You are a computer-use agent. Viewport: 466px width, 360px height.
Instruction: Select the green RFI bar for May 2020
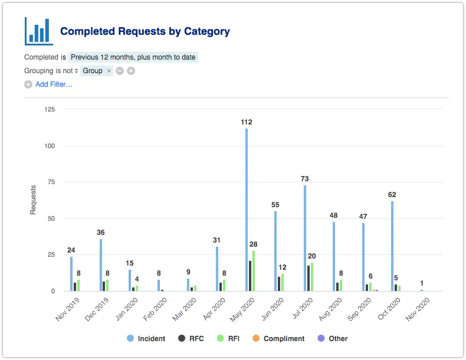coord(254,271)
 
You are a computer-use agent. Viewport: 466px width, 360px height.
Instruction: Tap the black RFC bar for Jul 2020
coord(309,278)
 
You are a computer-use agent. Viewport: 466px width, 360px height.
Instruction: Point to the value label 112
coord(247,122)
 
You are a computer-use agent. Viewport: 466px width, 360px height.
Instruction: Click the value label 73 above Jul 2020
coord(305,179)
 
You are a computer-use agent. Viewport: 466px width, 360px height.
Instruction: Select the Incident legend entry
coord(146,339)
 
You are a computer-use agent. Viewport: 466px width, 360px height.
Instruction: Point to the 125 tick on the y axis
coord(50,109)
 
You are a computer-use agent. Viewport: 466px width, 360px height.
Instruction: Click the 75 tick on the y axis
coord(51,182)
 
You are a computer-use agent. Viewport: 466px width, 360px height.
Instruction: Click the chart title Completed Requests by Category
coord(145,31)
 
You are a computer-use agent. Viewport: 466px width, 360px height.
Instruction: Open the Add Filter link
coord(54,84)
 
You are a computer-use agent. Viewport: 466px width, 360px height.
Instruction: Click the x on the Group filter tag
coord(109,71)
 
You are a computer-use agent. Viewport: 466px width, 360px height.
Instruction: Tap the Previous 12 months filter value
coord(133,57)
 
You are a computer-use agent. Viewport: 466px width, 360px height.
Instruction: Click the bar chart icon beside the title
coord(39,31)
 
